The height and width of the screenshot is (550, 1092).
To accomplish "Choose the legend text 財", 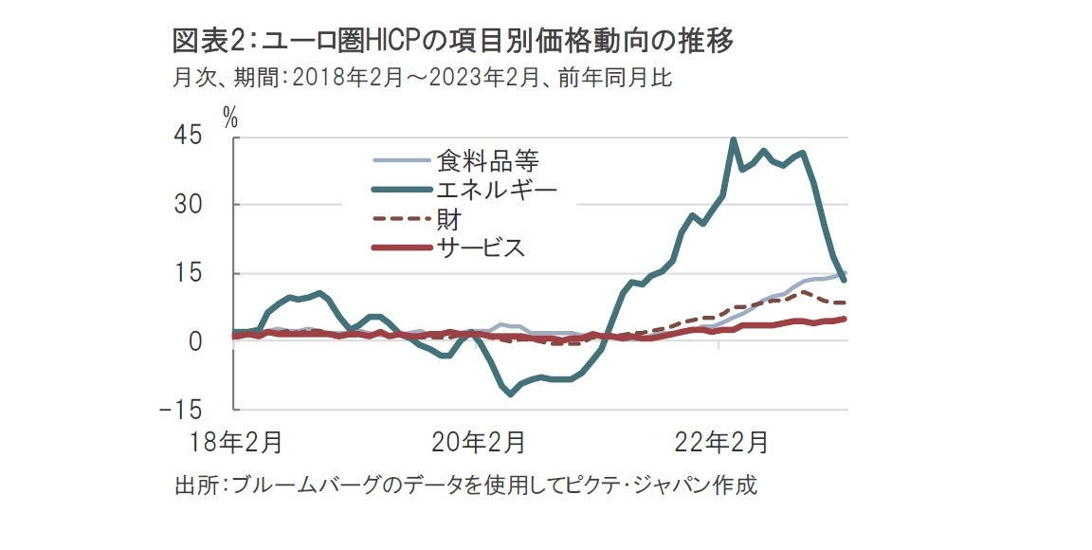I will (448, 220).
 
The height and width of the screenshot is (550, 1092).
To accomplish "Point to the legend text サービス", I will (480, 248).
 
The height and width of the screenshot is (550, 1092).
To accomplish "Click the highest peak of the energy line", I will (733, 140).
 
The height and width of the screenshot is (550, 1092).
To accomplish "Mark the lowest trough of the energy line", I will (511, 393).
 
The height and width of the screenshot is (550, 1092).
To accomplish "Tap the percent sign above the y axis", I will (229, 117).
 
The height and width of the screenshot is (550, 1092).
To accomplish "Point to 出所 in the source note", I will (196, 486).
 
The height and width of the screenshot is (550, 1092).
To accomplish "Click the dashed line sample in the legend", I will (401, 220).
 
